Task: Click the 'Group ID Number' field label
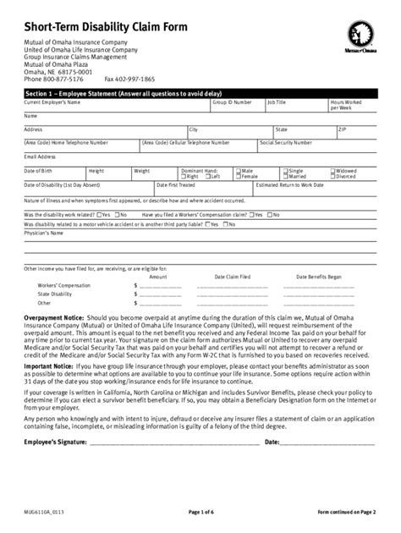[231, 102]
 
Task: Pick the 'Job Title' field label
[277, 102]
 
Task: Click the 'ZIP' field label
[342, 129]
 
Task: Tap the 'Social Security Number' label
[291, 143]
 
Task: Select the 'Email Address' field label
[41, 157]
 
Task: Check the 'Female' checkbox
[239, 176]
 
